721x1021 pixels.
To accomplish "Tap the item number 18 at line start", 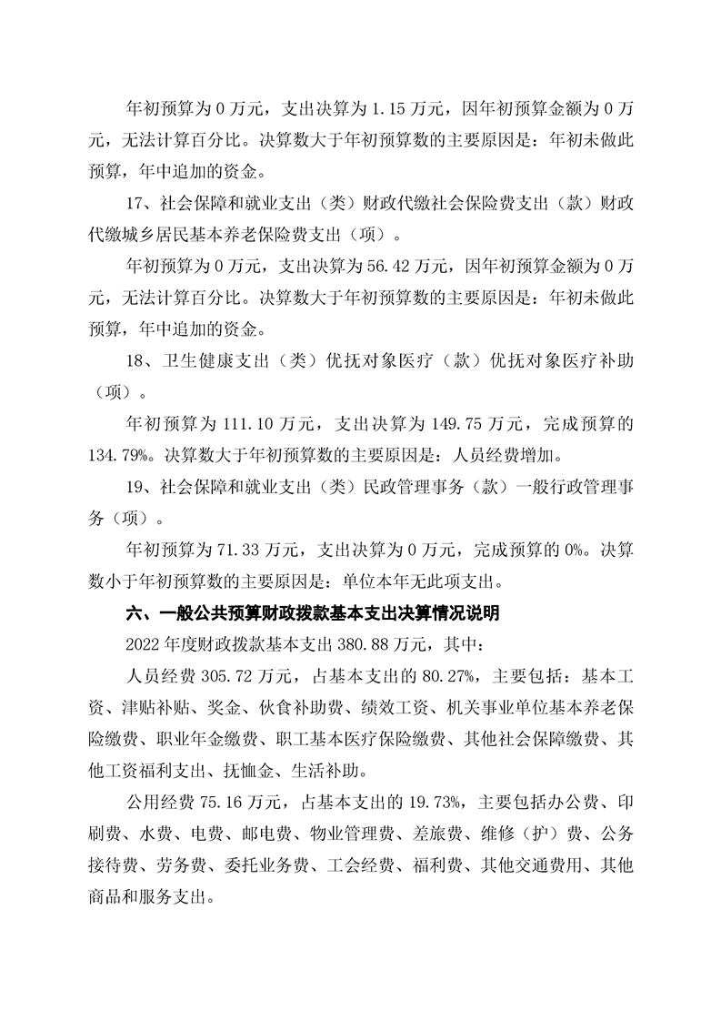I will coord(134,361).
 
